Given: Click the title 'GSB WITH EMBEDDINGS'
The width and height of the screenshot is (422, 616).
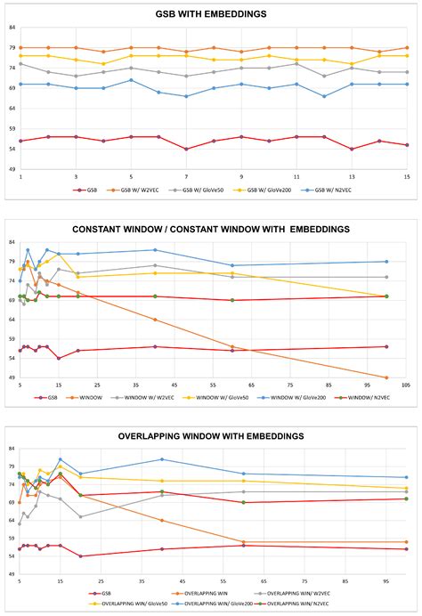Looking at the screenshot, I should pyautogui.click(x=212, y=14).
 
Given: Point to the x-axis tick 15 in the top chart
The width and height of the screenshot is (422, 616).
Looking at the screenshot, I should pyautogui.click(x=406, y=176).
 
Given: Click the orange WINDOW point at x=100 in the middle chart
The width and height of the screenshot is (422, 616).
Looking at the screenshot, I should pyautogui.click(x=386, y=377).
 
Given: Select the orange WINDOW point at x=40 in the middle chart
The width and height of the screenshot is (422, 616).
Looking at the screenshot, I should pyautogui.click(x=155, y=320).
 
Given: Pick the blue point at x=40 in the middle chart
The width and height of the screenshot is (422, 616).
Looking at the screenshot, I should pyautogui.click(x=155, y=250).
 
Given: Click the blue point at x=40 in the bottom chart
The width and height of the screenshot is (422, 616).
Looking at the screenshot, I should pyautogui.click(x=162, y=459).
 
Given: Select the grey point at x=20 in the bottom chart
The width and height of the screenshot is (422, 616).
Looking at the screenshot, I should pyautogui.click(x=81, y=516).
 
